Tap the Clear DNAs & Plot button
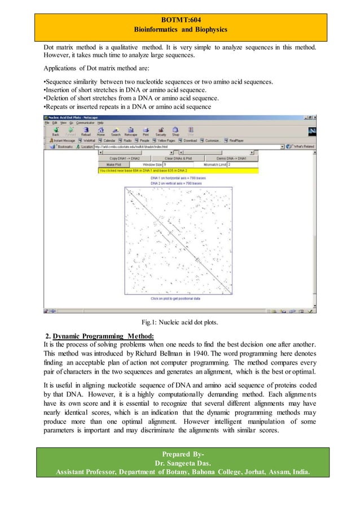point(178,159)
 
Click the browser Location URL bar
point(186,146)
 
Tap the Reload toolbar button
point(86,133)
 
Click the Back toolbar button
point(56,133)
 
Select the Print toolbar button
point(145,133)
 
